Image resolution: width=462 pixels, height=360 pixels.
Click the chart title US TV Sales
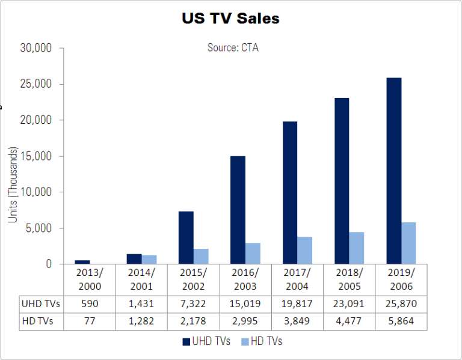[230, 19]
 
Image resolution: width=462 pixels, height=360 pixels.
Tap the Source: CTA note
[233, 47]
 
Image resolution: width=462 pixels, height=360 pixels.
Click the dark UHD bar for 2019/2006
[394, 171]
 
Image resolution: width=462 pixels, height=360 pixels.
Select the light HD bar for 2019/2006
[408, 243]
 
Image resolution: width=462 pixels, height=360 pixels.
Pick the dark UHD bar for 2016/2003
[238, 210]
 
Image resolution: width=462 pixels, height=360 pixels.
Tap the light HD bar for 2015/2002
[201, 256]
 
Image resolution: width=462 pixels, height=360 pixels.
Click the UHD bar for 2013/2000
[82, 261]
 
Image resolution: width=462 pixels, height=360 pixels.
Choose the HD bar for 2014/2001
[149, 259]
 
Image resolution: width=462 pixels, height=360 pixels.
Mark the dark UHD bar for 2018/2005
[342, 180]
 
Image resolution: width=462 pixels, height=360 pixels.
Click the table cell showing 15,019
[245, 305]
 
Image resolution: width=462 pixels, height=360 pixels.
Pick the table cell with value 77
[89, 322]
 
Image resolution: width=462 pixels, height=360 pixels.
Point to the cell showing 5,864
[402, 322]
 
